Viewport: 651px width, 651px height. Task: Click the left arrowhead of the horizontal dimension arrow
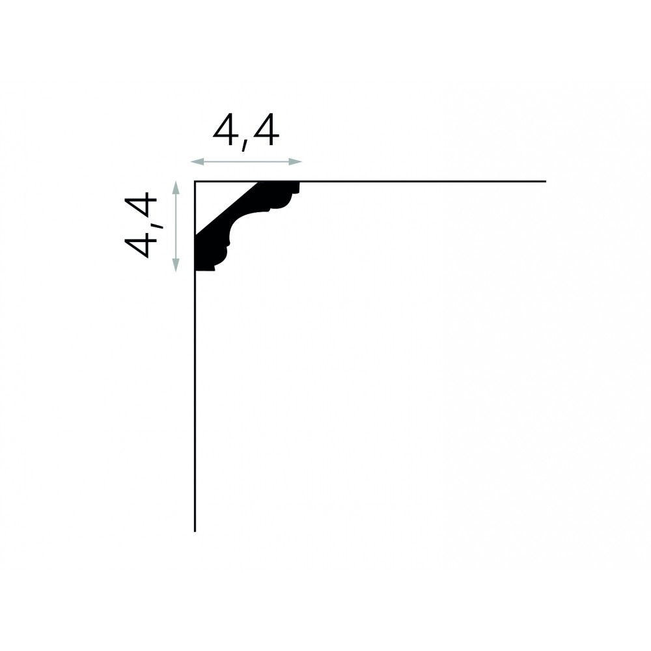click(x=197, y=162)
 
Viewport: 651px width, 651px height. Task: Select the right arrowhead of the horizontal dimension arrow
click(x=295, y=162)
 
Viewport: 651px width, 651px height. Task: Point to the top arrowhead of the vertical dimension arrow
click(x=176, y=187)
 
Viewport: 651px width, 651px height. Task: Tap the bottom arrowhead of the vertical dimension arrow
click(x=176, y=265)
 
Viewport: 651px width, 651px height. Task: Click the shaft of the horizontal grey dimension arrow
click(x=246, y=162)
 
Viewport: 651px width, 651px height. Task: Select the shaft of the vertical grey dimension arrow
click(x=176, y=227)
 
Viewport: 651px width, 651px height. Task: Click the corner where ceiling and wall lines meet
click(x=195, y=182)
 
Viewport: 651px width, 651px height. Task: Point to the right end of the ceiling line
click(x=546, y=182)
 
